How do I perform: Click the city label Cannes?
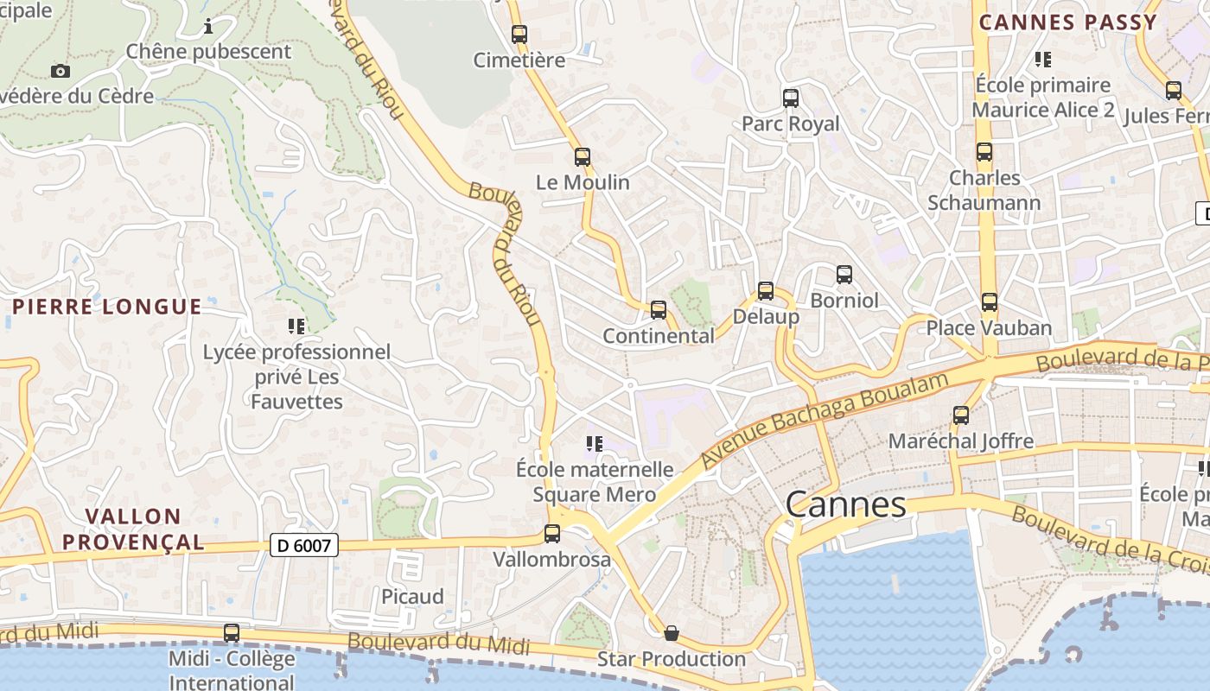(846, 505)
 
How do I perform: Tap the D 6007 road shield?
(303, 545)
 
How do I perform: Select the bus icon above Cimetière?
(519, 35)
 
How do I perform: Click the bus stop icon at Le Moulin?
(583, 157)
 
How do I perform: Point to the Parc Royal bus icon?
(790, 98)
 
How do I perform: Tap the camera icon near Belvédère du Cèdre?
(60, 71)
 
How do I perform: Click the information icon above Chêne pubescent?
(208, 27)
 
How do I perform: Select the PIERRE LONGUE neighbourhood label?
(107, 307)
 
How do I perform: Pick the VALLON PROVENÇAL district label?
(144, 529)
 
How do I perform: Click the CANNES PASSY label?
(1067, 22)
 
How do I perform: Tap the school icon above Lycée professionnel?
(296, 326)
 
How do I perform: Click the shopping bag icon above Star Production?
(671, 633)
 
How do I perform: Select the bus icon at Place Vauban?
(990, 302)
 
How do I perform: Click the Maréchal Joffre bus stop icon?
(960, 415)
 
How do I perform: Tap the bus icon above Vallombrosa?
(551, 534)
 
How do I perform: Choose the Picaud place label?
(412, 597)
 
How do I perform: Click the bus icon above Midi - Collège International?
(231, 633)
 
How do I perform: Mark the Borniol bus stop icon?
(844, 275)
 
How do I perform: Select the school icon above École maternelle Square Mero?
(594, 444)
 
